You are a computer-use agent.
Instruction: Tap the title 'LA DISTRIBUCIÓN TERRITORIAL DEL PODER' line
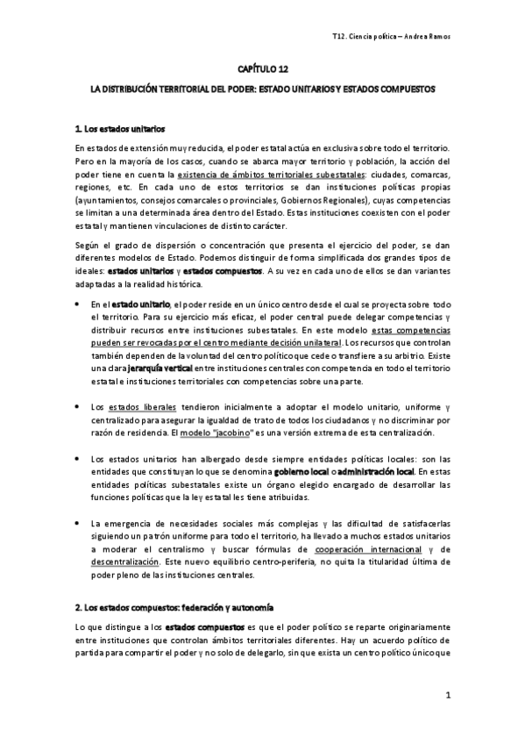pos(262,89)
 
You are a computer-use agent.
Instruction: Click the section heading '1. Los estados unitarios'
pos(120,129)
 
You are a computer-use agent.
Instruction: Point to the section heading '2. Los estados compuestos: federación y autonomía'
pos(175,607)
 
